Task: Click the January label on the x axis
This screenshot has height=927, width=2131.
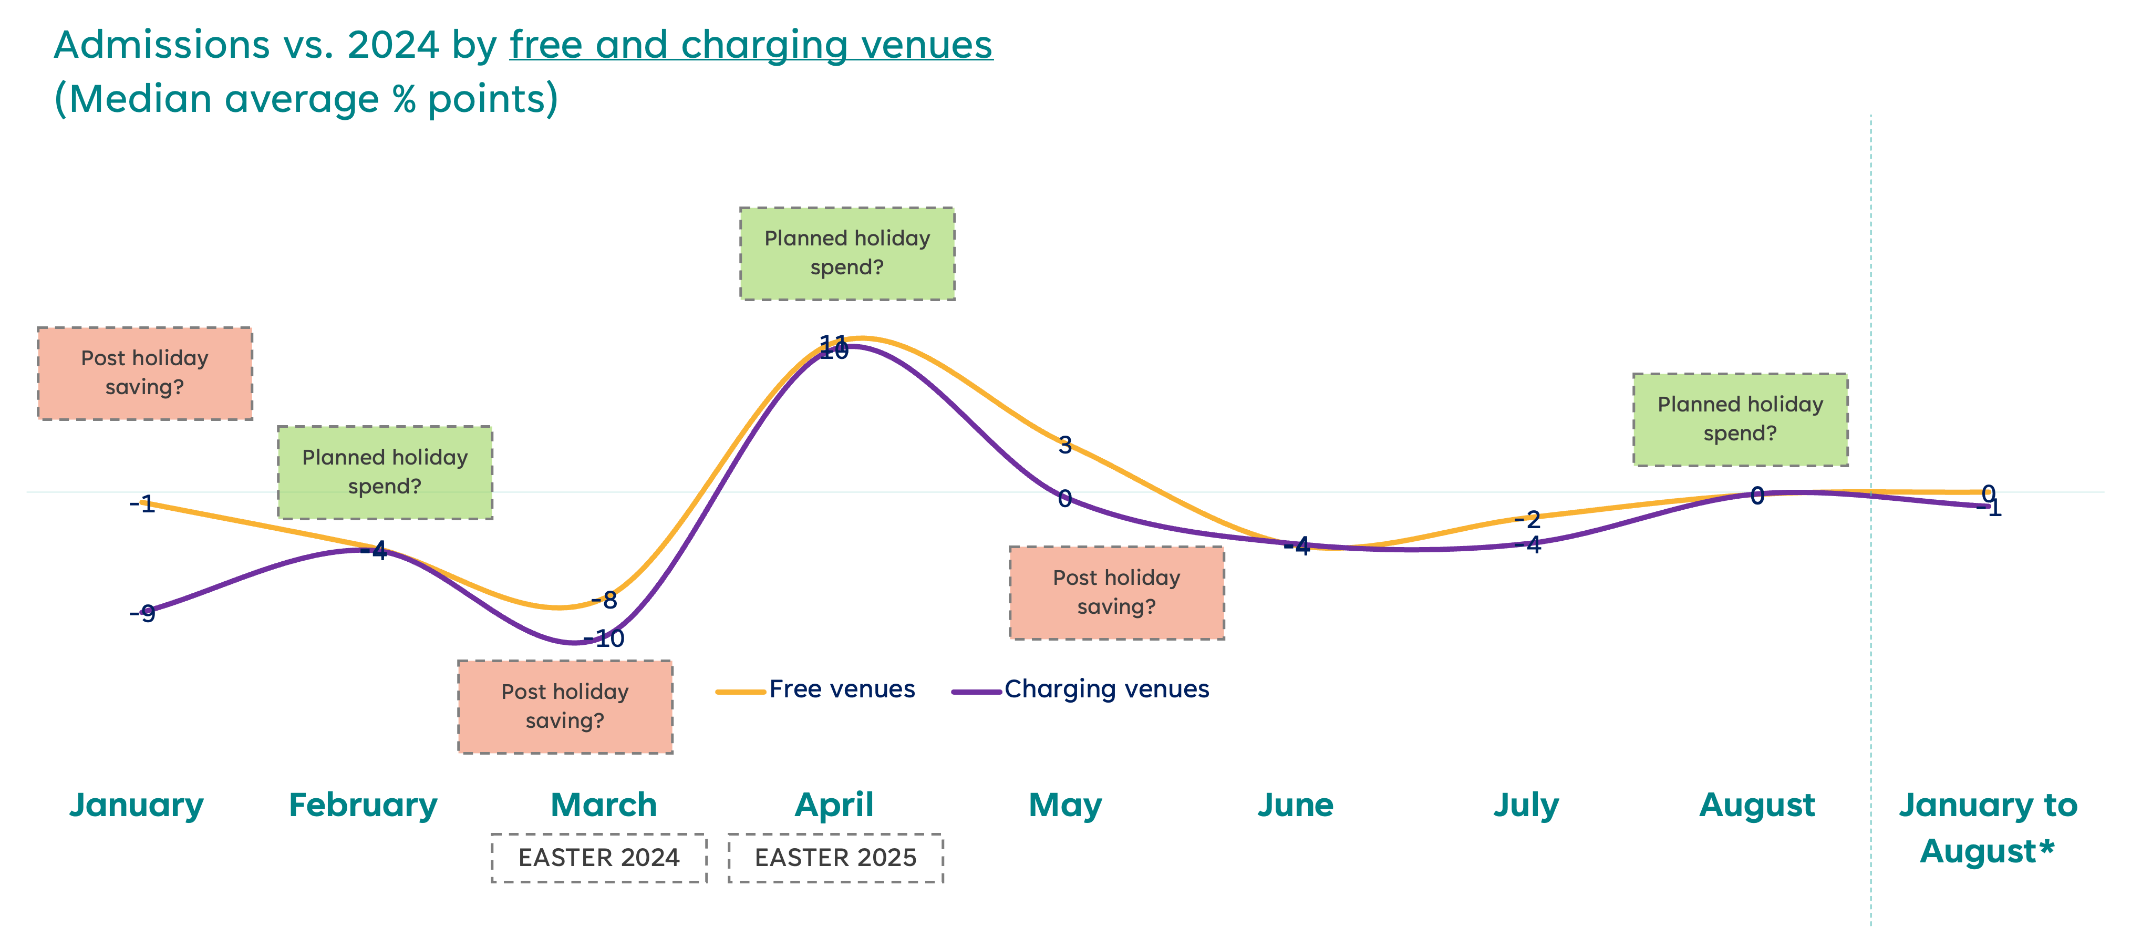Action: point(137,805)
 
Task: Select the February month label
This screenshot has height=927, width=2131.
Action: point(363,805)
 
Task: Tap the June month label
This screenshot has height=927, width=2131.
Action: point(1296,805)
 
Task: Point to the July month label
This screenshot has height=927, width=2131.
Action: point(1526,805)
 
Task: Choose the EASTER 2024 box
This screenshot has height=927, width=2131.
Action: point(599,858)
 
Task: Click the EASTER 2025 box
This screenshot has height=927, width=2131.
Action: point(835,858)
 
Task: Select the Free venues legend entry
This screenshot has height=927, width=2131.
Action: point(841,689)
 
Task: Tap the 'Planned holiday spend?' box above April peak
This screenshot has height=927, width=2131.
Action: point(847,253)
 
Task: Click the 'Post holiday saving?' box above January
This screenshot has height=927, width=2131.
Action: point(145,373)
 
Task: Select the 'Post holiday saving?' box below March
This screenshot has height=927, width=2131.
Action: point(565,706)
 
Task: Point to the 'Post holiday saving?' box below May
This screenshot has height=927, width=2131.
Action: point(1117,592)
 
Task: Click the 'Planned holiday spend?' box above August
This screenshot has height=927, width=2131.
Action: point(1740,419)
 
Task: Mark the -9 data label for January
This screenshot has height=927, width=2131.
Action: point(144,613)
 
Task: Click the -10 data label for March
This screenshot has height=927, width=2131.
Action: point(606,638)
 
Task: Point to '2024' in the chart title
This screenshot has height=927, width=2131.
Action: point(393,45)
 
